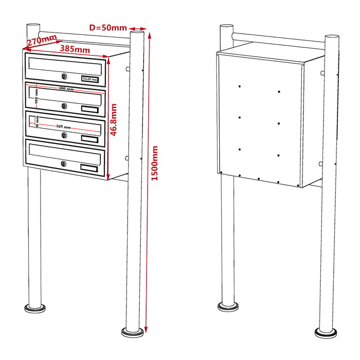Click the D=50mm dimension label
[x=107, y=28]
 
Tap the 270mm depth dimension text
[x=42, y=42]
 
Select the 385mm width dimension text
[x=75, y=49]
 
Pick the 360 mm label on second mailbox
[x=66, y=89]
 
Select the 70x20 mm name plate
[x=89, y=79]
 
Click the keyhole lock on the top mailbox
[x=64, y=77]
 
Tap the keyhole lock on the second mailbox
[x=64, y=106]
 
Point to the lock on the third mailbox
[x=64, y=135]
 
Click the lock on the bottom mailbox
[x=64, y=164]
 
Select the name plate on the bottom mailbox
[x=89, y=167]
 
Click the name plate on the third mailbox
[x=89, y=139]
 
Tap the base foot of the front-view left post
[x=34, y=309]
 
